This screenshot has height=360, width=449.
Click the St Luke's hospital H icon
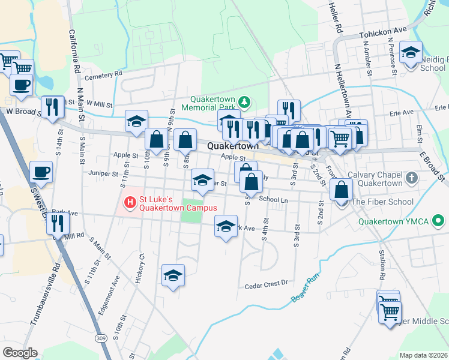[x=128, y=204]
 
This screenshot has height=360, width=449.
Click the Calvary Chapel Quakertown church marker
[x=411, y=178]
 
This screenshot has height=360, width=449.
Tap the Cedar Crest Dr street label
[x=267, y=286]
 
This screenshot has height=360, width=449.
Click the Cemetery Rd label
[x=103, y=74]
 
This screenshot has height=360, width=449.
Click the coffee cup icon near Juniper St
[x=41, y=172]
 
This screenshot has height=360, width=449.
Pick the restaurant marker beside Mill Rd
[x=58, y=223]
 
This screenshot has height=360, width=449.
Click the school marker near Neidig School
[x=411, y=52]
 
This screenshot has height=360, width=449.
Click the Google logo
[x=20, y=353]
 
